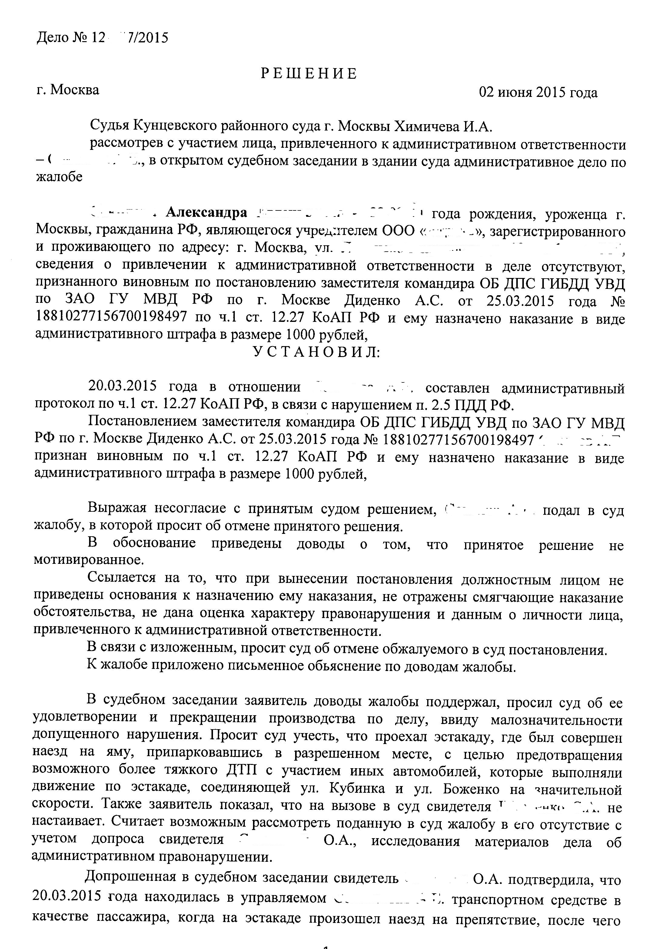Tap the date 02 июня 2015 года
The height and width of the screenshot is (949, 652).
[x=538, y=93]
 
